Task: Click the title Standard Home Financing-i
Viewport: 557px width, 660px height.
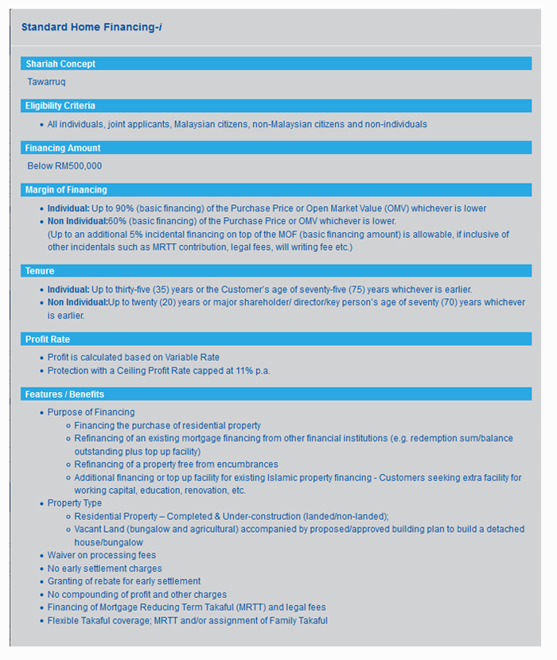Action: pyautogui.click(x=92, y=27)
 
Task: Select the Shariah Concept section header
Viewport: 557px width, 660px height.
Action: pyautogui.click(x=60, y=64)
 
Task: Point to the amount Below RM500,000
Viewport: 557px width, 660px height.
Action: pyautogui.click(x=64, y=166)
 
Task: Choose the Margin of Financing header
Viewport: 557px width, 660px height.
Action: pyautogui.click(x=66, y=190)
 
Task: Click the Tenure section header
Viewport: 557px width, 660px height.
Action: pyautogui.click(x=40, y=271)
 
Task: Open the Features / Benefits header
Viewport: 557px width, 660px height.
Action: pyautogui.click(x=64, y=394)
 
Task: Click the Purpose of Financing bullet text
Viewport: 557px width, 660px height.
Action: pyautogui.click(x=91, y=413)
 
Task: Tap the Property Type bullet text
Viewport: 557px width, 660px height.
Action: pyautogui.click(x=75, y=503)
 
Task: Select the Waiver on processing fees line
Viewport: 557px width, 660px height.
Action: pyautogui.click(x=101, y=555)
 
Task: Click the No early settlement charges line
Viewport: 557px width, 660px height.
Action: pyautogui.click(x=104, y=569)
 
